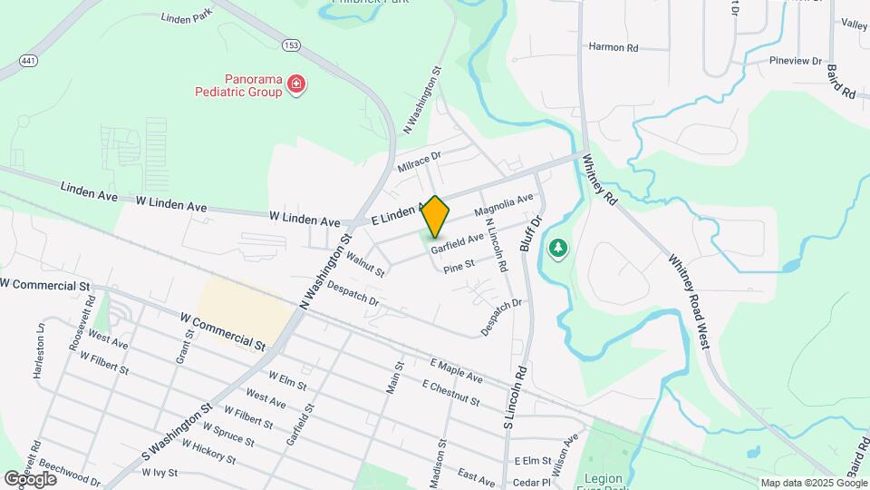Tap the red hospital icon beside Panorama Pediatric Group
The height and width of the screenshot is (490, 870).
(295, 85)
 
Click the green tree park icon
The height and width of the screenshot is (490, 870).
(558, 247)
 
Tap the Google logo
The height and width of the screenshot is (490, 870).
(30, 478)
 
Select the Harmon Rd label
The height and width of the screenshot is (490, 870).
(614, 46)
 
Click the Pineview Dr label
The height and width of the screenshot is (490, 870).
(795, 62)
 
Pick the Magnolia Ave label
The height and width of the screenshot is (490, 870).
(504, 206)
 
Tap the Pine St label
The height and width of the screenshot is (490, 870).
(459, 267)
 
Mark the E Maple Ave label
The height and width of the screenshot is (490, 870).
(457, 370)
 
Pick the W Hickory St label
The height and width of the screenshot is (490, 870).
(211, 453)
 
